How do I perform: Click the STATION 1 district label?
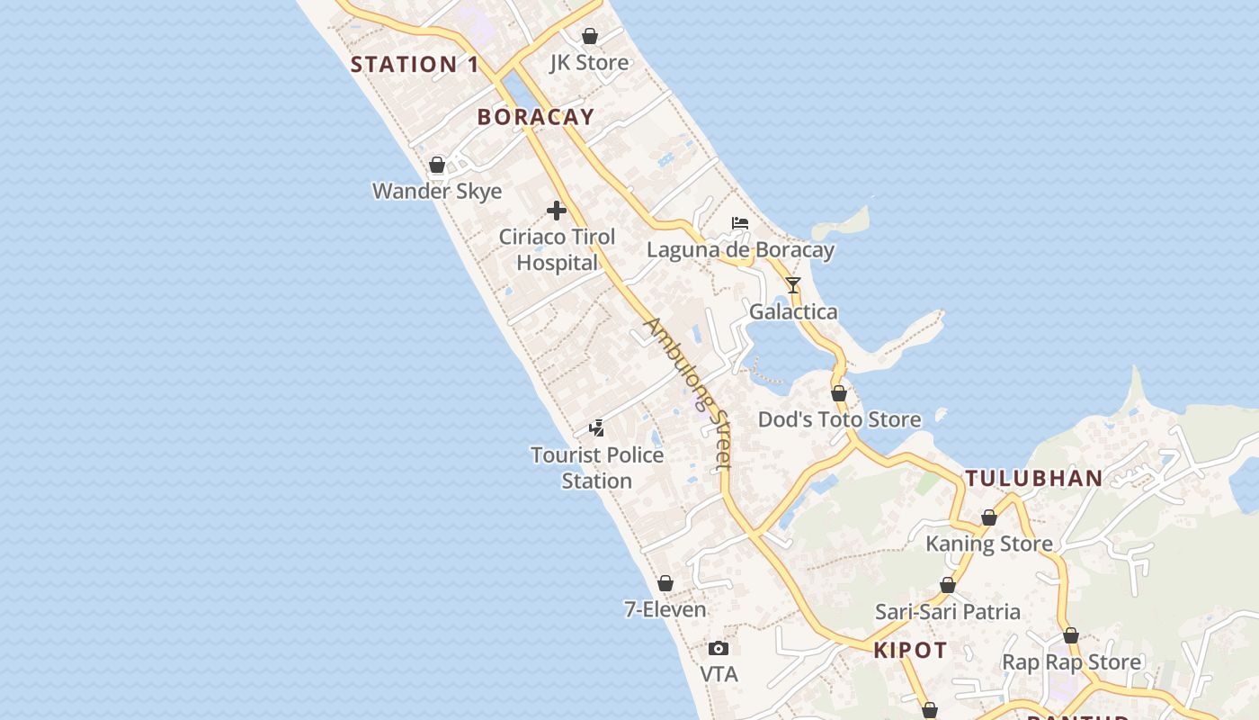pos(415,64)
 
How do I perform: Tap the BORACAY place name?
pos(536,117)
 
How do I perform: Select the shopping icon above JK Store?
pos(590,36)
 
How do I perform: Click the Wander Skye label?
pos(437,191)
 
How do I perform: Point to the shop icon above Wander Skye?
pos(437,165)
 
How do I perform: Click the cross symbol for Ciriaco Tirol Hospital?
pos(557,211)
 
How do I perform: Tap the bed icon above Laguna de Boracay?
pos(740,223)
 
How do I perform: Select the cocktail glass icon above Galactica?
pos(792,285)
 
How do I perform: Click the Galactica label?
pos(793,312)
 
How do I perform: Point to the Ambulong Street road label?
pos(689,392)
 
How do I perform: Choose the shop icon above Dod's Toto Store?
pos(839,393)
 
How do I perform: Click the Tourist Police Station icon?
pos(596,427)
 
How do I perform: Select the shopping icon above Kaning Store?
pos(989,517)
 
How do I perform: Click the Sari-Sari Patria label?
pos(948,612)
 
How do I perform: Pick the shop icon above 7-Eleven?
pos(665,583)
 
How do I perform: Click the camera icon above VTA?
pos(718,648)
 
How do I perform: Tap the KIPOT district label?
pos(910,651)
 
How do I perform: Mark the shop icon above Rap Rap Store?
pos(1071,635)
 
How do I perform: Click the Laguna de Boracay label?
pos(740,250)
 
